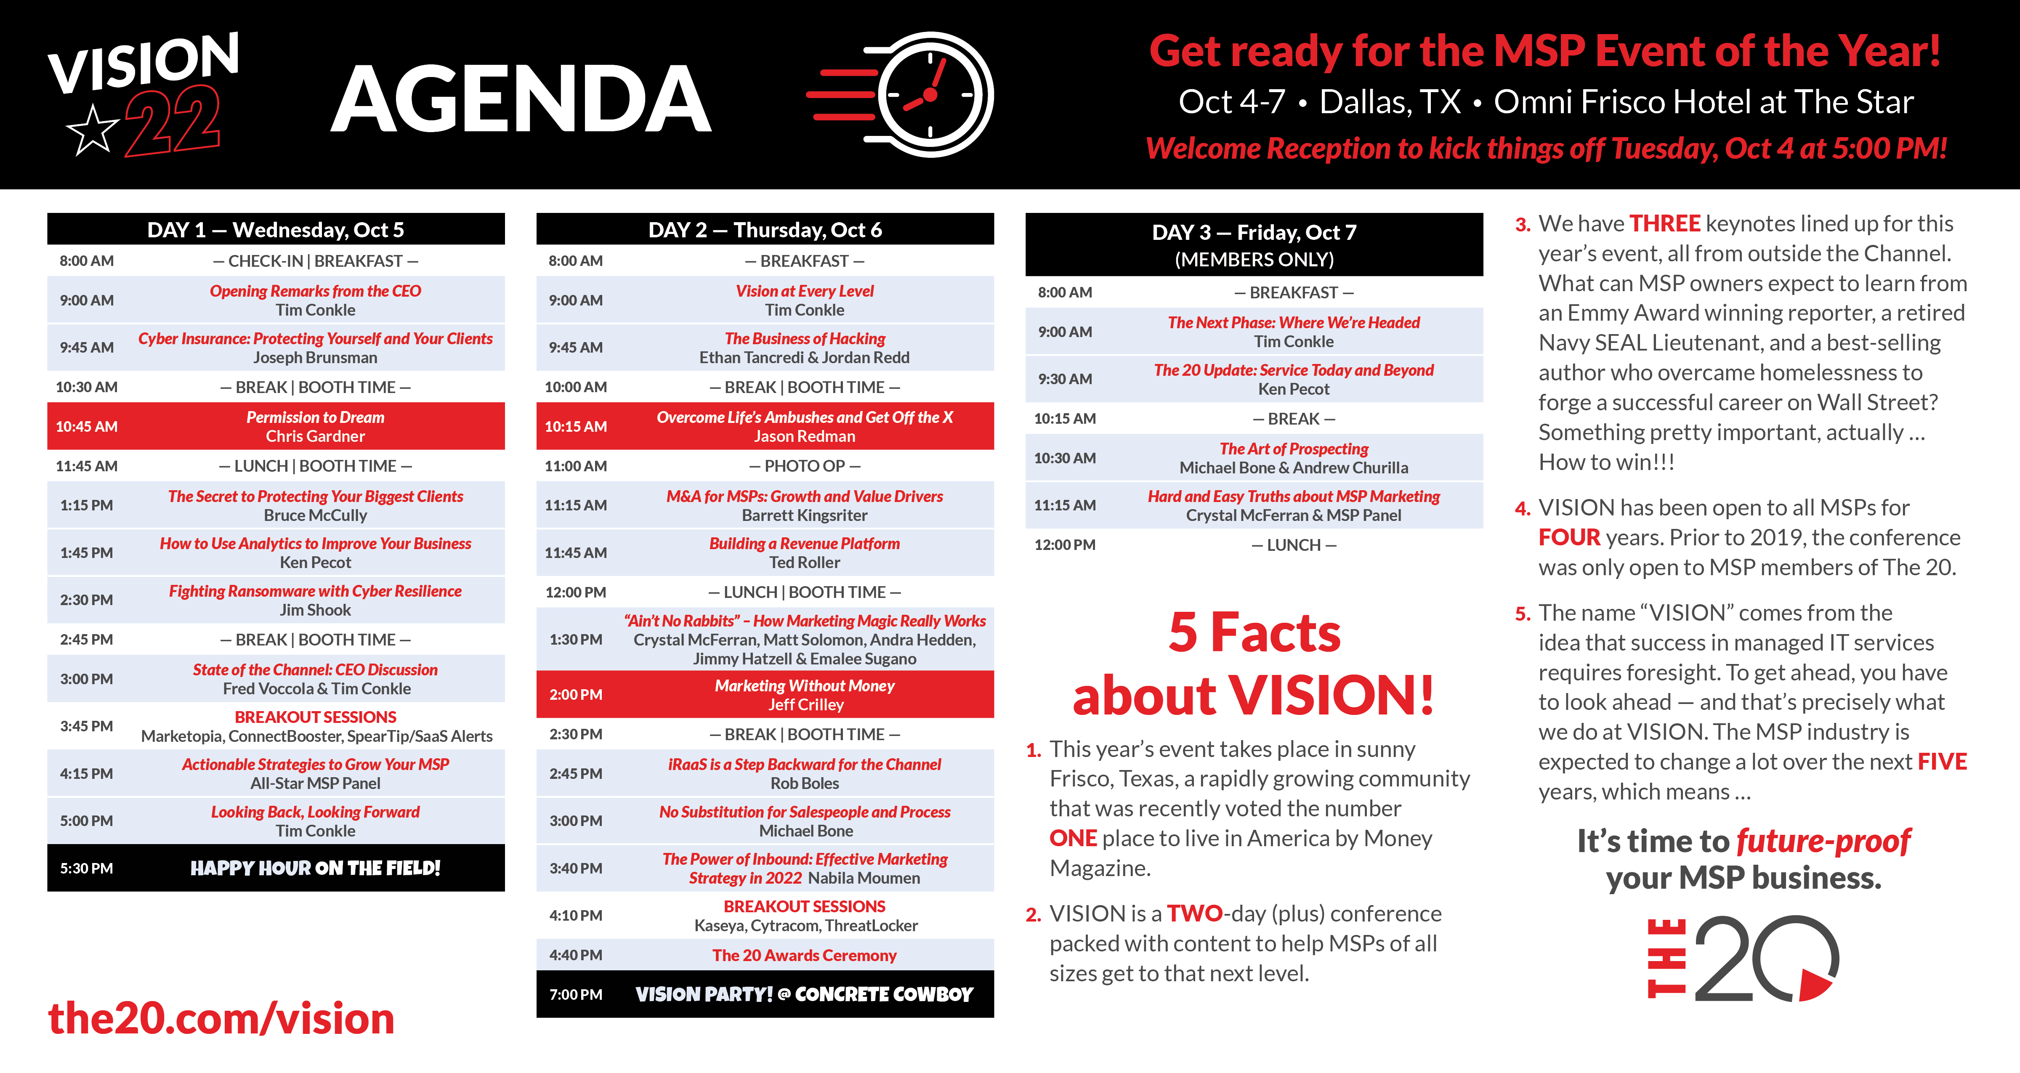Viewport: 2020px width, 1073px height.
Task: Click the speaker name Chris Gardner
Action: pyautogui.click(x=315, y=436)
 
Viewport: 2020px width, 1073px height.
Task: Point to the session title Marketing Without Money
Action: pyautogui.click(x=805, y=685)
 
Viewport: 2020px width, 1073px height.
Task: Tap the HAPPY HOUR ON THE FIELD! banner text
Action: pyautogui.click(x=315, y=868)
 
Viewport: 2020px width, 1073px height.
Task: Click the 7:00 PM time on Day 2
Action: pyautogui.click(x=576, y=995)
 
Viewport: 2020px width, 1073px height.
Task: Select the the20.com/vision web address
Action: pyautogui.click(x=221, y=1018)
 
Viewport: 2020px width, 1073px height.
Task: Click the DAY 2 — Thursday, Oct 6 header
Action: pyautogui.click(x=765, y=230)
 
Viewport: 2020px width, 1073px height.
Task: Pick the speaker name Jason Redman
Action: pyautogui.click(x=805, y=436)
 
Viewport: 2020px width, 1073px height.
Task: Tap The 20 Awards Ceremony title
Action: pyautogui.click(x=805, y=955)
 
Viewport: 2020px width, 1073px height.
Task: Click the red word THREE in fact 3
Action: pyautogui.click(x=1665, y=223)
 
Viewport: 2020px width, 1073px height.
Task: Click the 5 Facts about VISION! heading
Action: pyautogui.click(x=1254, y=664)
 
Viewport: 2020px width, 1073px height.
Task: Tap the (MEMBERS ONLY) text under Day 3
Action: pyautogui.click(x=1255, y=260)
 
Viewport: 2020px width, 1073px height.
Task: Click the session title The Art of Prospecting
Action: pyautogui.click(x=1294, y=449)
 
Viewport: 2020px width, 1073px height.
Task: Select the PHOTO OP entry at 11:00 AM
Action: pyautogui.click(x=805, y=466)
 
